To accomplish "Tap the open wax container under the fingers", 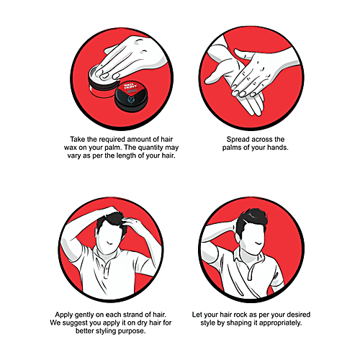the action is click(x=103, y=81).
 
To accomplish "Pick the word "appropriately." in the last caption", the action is click(x=280, y=323).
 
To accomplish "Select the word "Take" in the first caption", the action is click(x=77, y=140).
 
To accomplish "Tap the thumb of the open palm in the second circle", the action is click(x=215, y=77).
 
